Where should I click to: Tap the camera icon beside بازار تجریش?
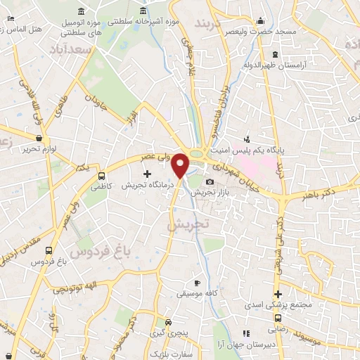click(x=210, y=183)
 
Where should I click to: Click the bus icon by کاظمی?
click(x=101, y=176)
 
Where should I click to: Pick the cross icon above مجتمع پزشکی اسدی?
click(x=278, y=294)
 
